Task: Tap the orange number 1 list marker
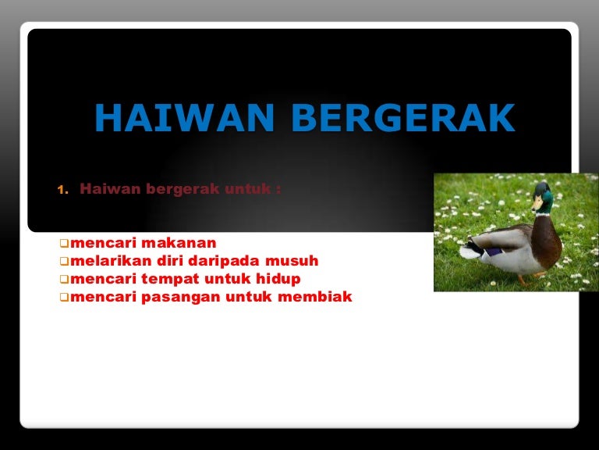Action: [x=62, y=190]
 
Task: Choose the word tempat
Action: [x=172, y=279]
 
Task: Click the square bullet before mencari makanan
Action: [x=64, y=244]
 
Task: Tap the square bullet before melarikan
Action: [x=64, y=262]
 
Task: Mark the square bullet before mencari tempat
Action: [x=64, y=280]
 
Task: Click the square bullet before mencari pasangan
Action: [x=64, y=298]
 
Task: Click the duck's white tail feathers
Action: [x=470, y=251]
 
